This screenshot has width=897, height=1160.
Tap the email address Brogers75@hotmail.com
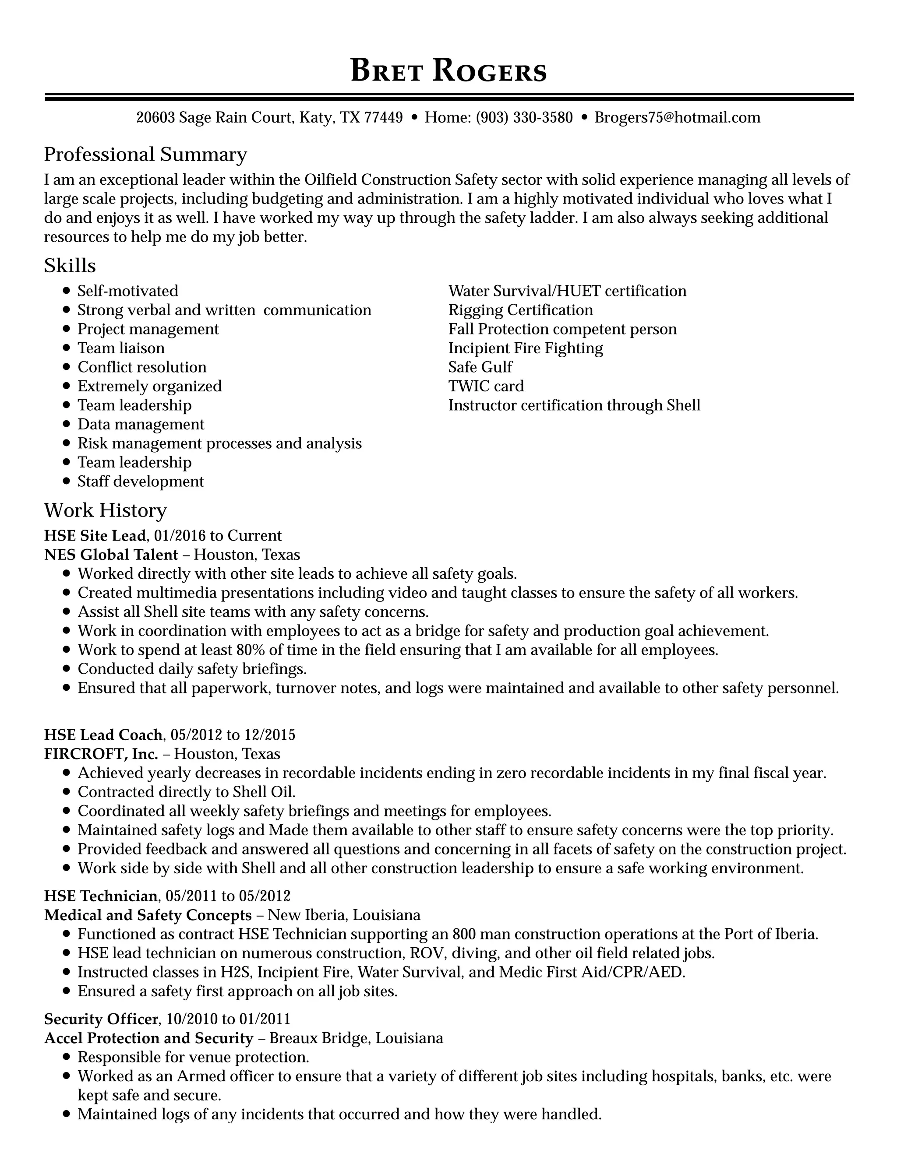tap(677, 117)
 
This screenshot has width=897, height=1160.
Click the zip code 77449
tap(383, 117)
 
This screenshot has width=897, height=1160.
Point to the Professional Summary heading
tap(145, 155)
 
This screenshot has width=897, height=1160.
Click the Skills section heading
tap(70, 266)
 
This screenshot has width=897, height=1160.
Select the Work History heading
tap(105, 510)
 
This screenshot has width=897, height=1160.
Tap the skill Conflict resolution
tap(142, 367)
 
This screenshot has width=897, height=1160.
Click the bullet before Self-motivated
tap(67, 291)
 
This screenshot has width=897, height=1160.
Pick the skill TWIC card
tap(486, 386)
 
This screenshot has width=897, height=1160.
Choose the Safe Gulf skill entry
tap(480, 367)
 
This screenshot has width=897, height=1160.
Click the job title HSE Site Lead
tap(95, 535)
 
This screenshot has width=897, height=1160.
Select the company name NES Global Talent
tap(110, 555)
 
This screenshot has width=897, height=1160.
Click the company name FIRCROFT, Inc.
tap(101, 754)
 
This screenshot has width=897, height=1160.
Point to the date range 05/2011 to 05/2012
tap(228, 896)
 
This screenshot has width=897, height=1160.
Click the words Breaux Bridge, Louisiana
tap(356, 1038)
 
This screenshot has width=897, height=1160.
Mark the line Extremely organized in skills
tap(149, 386)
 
